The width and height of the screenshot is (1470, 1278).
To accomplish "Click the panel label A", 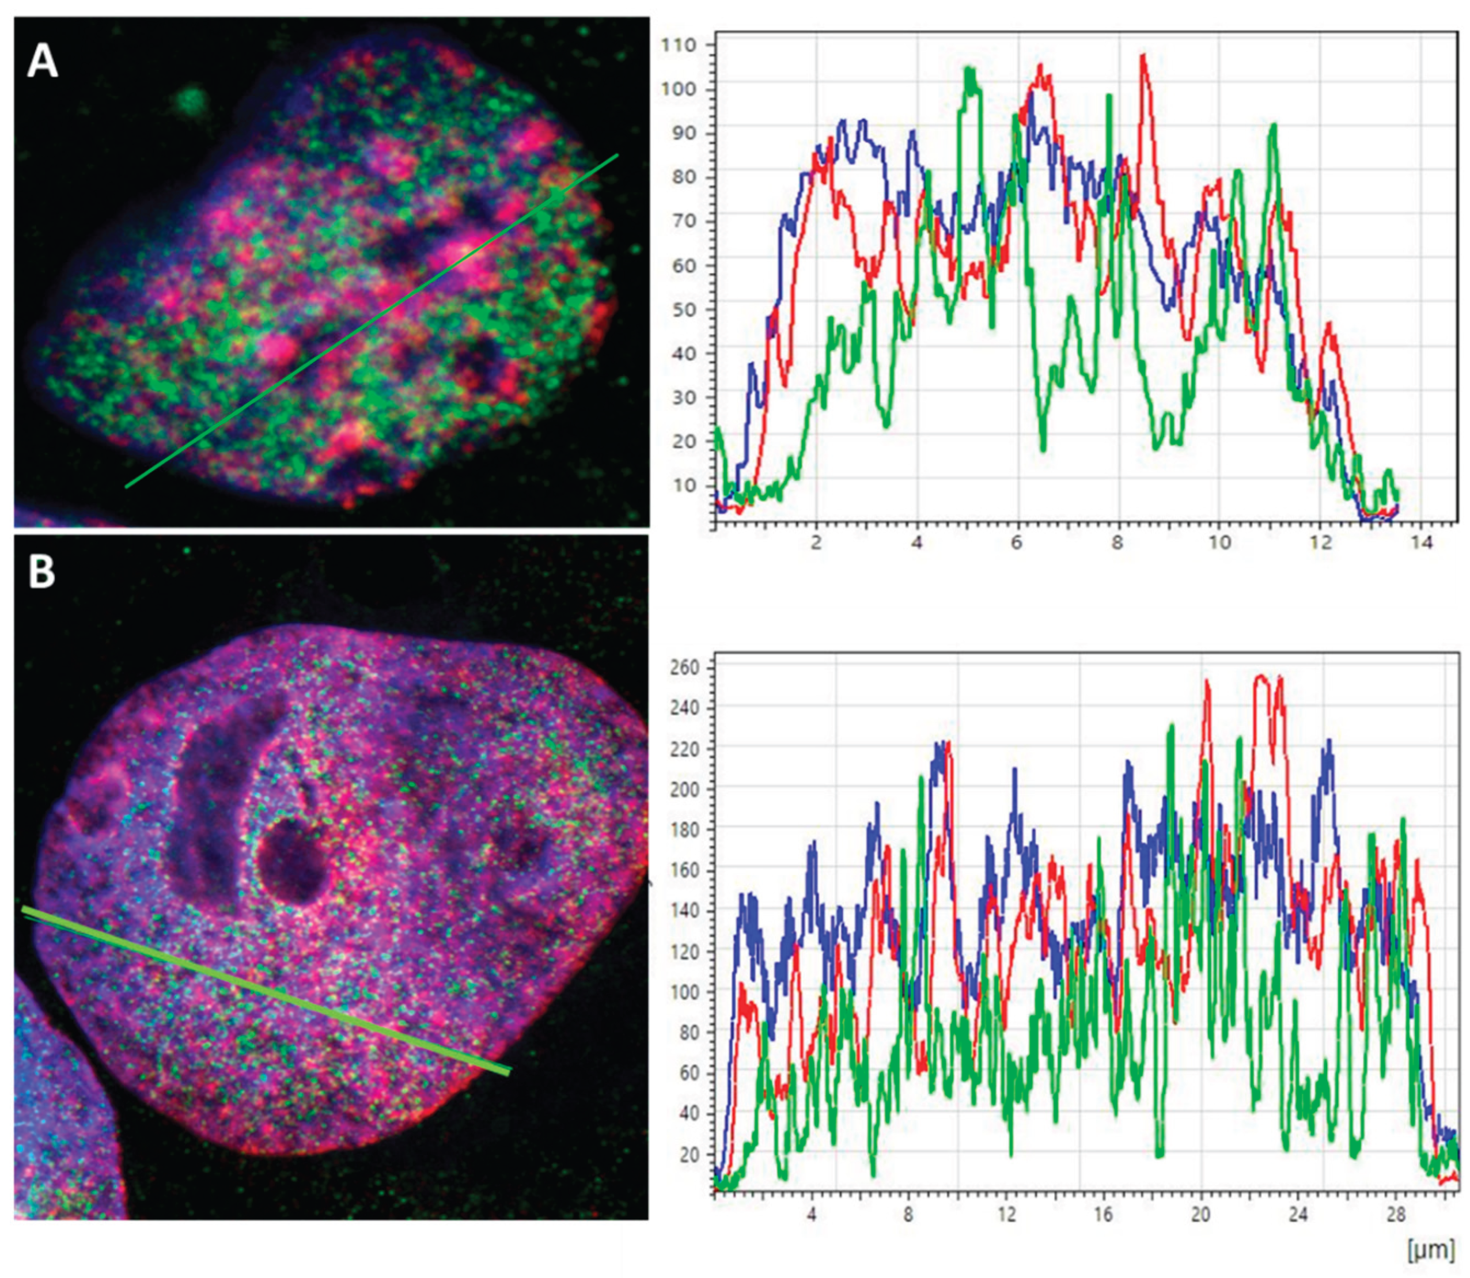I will pos(42,62).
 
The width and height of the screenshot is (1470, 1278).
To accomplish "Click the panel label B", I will pos(41,572).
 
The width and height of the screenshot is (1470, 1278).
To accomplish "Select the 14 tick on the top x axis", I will pos(1421,543).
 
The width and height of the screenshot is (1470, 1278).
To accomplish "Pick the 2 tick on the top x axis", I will pos(816,543).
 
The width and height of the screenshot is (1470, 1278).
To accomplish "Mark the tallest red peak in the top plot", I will pos(1143,56).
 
